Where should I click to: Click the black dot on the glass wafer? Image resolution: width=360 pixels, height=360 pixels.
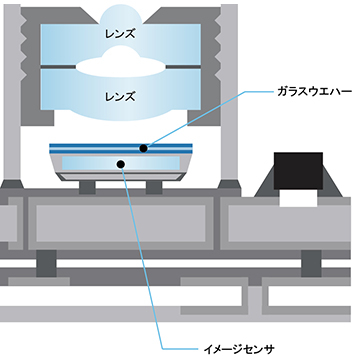[x=143, y=147]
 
